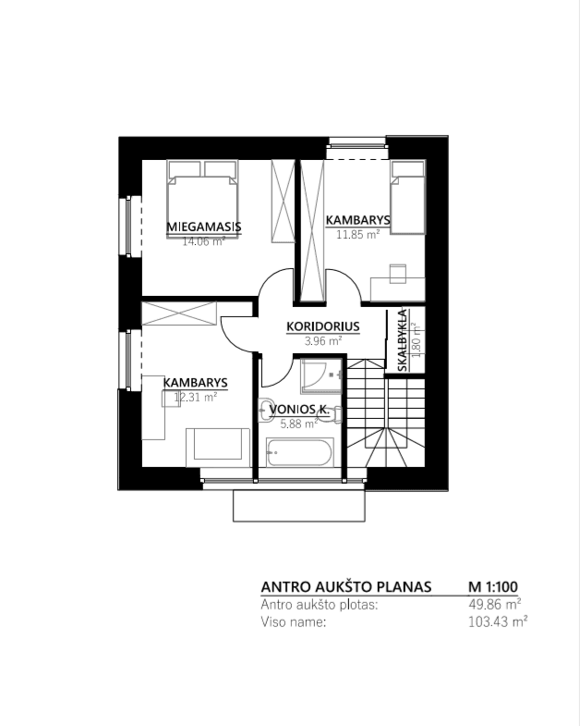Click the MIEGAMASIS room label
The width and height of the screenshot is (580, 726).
click(x=204, y=227)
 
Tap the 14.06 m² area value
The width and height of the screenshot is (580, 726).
click(x=204, y=241)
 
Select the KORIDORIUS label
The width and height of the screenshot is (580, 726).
click(x=323, y=326)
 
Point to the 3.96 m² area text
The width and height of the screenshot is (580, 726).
click(x=323, y=341)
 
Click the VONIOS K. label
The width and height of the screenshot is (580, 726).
click(x=299, y=410)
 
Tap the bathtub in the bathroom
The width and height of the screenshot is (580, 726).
click(x=300, y=452)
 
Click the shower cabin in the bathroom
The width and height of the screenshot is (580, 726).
click(x=321, y=375)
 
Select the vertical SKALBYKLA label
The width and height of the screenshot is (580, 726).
click(x=403, y=340)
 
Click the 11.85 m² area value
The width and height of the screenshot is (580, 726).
click(x=358, y=234)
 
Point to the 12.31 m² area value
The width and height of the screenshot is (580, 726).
click(x=196, y=398)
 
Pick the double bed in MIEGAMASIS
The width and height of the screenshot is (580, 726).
click(x=202, y=199)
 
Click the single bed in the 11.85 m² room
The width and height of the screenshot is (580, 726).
click(x=407, y=197)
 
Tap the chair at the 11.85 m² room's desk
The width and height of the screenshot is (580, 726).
click(x=398, y=273)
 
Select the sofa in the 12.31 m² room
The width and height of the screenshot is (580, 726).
click(x=218, y=448)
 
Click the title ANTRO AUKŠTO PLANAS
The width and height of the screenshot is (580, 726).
click(x=346, y=587)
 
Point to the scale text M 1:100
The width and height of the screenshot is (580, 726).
click(x=493, y=587)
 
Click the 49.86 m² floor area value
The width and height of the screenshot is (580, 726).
click(x=495, y=604)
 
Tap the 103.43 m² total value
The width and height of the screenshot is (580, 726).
click(x=498, y=621)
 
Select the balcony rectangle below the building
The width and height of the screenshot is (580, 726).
click(x=299, y=506)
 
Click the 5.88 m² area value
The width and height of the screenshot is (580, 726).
click(x=299, y=424)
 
